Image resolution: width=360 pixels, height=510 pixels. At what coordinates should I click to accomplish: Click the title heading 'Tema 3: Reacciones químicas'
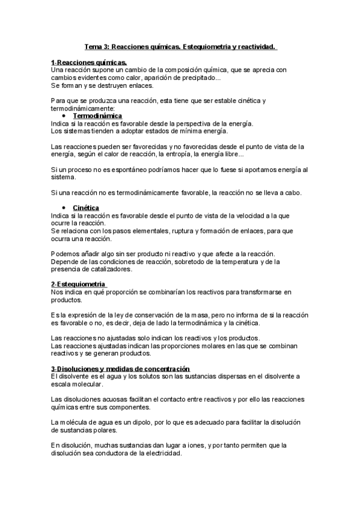coord(180,46)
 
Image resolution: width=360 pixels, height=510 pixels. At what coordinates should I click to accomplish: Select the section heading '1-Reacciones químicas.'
coord(88,62)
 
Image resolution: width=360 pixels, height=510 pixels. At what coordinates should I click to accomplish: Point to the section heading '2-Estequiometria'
coord(78,284)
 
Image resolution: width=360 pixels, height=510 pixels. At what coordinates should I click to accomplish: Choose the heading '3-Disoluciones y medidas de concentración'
coord(120,368)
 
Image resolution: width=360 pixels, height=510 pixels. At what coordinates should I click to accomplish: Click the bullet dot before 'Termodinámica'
coord(64,115)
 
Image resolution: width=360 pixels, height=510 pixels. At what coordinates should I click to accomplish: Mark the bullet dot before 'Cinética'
coord(64,207)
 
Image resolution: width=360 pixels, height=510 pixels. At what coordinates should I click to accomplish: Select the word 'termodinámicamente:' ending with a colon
coord(78,108)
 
